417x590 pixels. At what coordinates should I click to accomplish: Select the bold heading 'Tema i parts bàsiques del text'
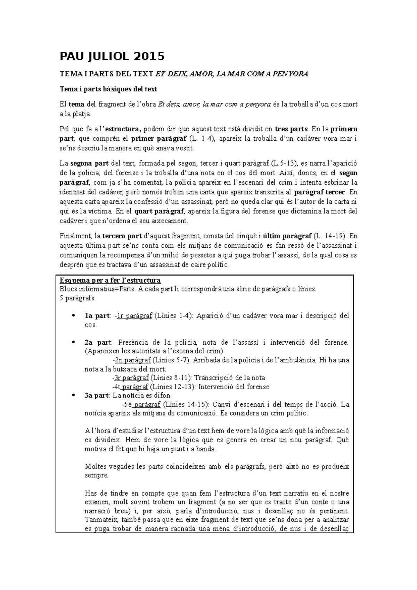(x=108, y=89)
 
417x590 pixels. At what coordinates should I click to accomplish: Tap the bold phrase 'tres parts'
(x=291, y=129)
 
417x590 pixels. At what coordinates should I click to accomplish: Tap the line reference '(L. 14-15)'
(x=330, y=236)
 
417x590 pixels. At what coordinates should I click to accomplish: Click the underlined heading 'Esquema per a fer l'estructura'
(x=110, y=280)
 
